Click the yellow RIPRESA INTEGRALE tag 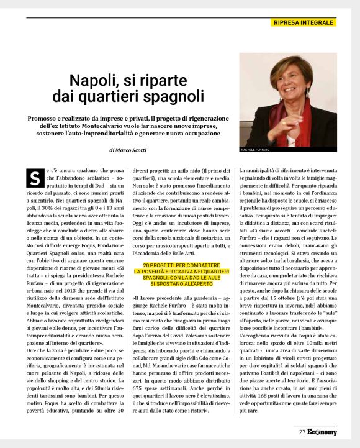(x=304, y=23)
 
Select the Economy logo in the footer (x=322, y=432)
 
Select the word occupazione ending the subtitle (x=198, y=134)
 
